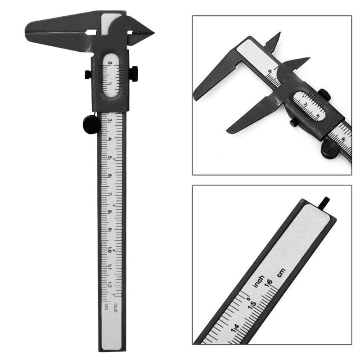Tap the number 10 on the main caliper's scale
[x=110, y=249]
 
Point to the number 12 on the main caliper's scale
[x=110, y=286]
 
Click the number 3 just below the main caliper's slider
[x=110, y=120]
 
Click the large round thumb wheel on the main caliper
[x=91, y=124]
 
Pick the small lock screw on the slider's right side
[x=134, y=73]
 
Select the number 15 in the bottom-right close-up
[x=253, y=304]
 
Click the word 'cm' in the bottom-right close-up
[x=281, y=272]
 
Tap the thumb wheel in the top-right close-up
[x=328, y=148]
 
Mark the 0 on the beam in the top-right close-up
[x=270, y=71]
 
